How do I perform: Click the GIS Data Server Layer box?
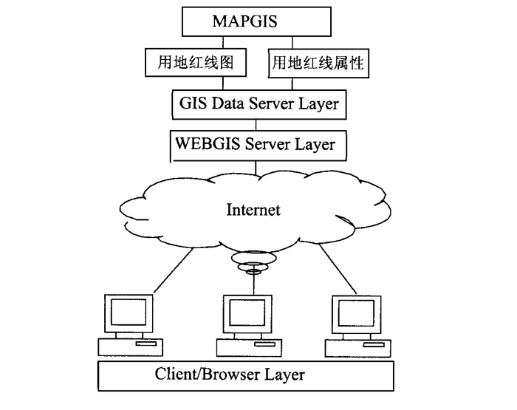tap(259, 103)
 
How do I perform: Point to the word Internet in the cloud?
tap(253, 211)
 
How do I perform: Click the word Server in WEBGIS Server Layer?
tap(267, 143)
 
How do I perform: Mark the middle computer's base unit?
tap(245, 347)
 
